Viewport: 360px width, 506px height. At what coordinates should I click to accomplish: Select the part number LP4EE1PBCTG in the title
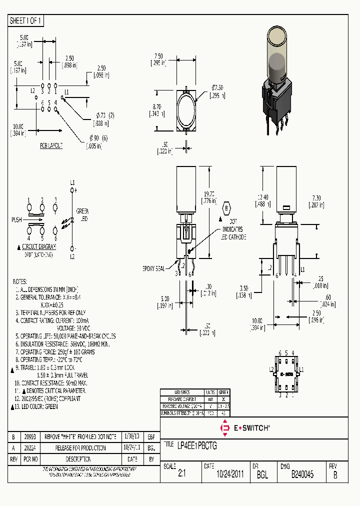pyautogui.click(x=197, y=444)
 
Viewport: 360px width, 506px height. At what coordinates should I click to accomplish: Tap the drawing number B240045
pyautogui.click(x=302, y=475)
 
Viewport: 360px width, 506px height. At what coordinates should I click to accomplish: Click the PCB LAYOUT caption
pyautogui.click(x=51, y=145)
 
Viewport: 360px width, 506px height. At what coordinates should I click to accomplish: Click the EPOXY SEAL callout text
pyautogui.click(x=153, y=268)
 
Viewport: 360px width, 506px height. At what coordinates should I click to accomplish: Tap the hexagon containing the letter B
pyautogui.click(x=226, y=208)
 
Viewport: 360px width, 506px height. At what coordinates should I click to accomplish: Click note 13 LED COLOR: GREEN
pyautogui.click(x=37, y=406)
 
